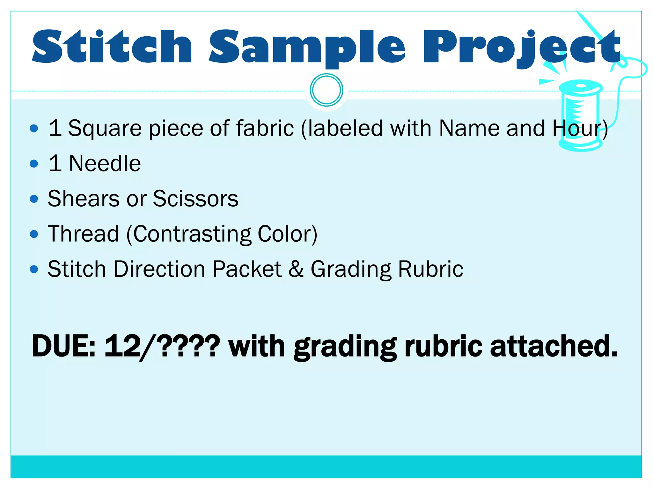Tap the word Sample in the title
click(307, 48)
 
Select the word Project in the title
click(522, 48)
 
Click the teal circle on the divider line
click(326, 90)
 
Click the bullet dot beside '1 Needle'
click(34, 164)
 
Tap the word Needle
click(105, 164)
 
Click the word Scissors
click(195, 199)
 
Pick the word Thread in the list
click(84, 234)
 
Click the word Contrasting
click(192, 234)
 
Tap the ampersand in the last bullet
click(296, 269)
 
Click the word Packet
click(247, 269)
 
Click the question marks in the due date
click(188, 346)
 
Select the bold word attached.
click(554, 346)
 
